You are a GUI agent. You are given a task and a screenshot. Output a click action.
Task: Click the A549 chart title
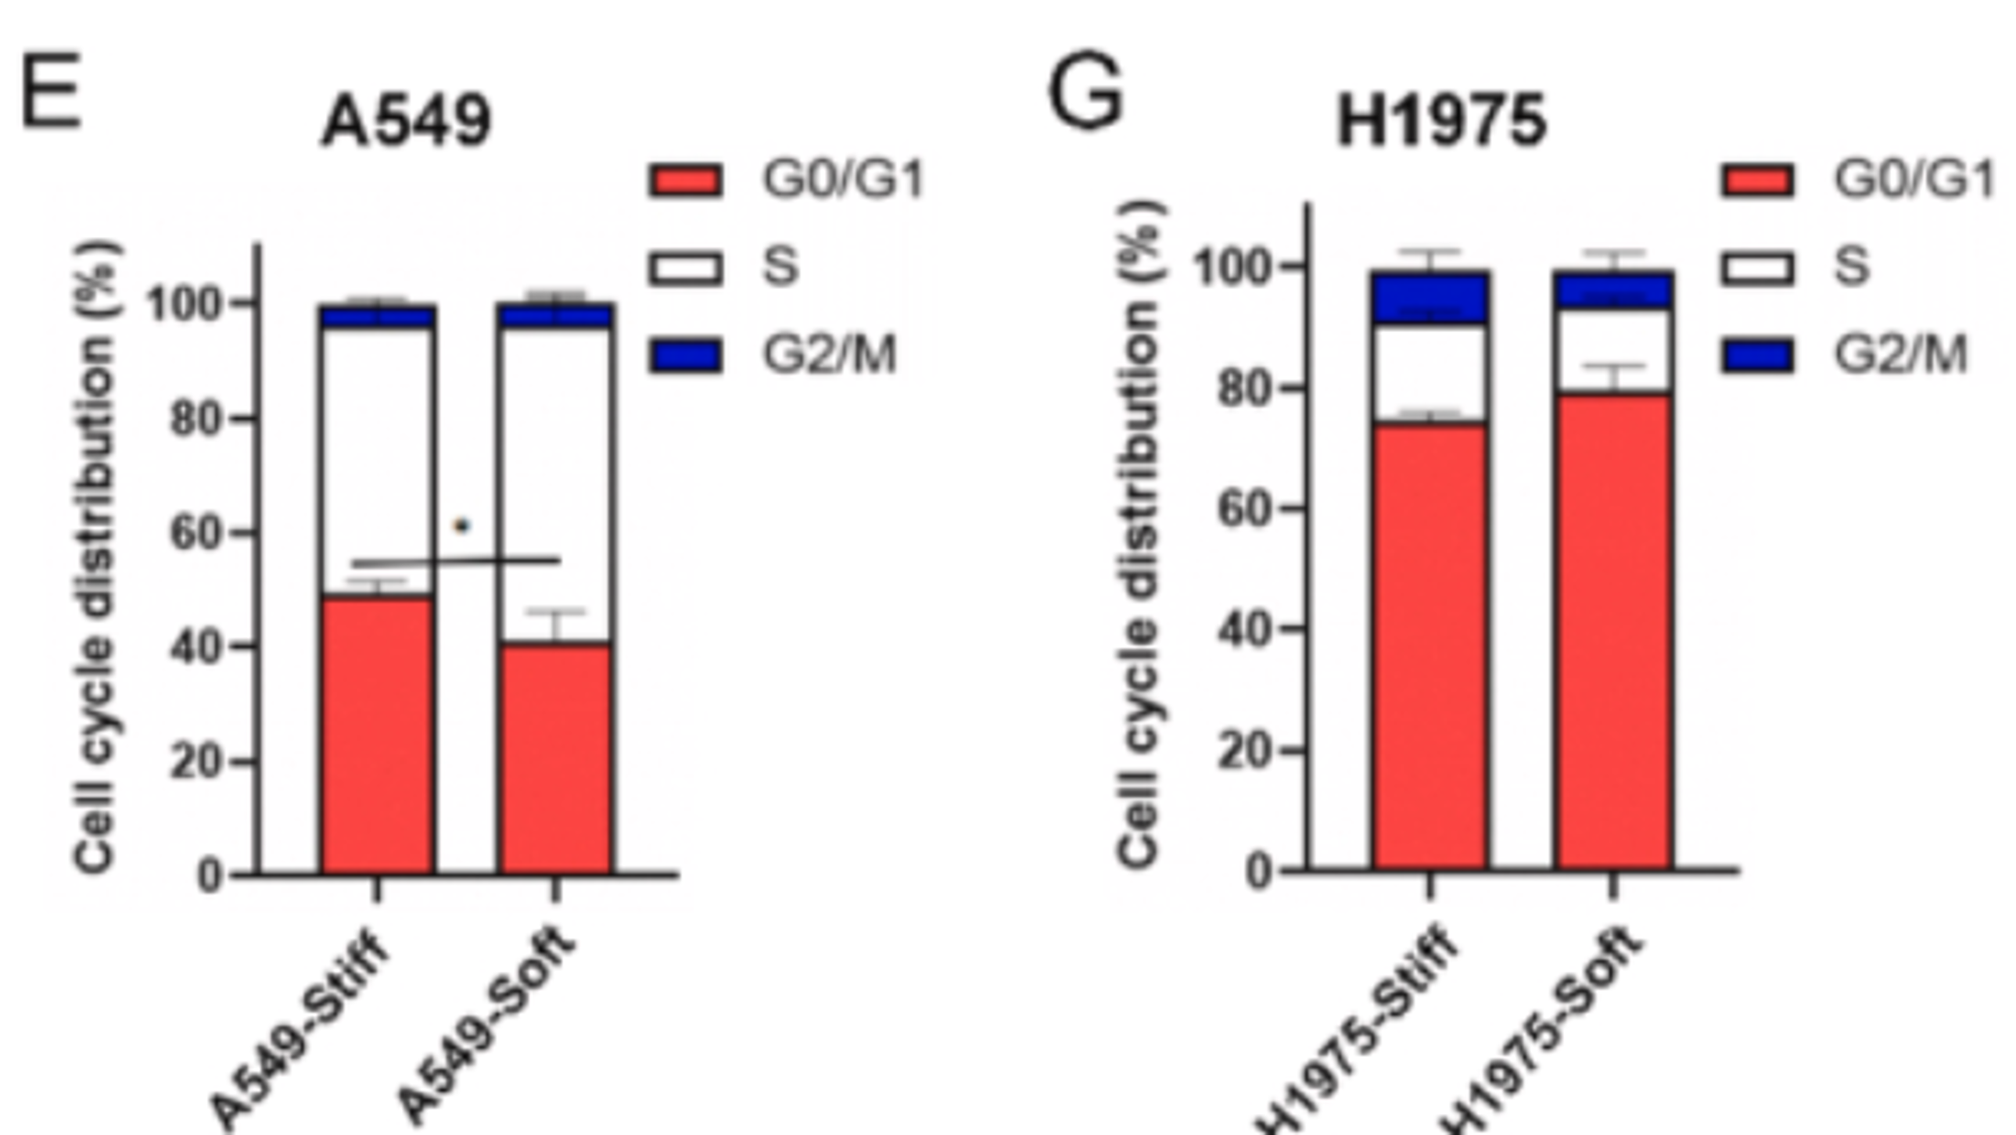coord(406,121)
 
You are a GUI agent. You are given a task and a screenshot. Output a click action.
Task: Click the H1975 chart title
coord(1441,121)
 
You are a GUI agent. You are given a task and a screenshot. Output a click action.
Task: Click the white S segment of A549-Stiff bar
coord(377,461)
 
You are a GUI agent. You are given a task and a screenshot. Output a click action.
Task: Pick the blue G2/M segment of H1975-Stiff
coord(1430,297)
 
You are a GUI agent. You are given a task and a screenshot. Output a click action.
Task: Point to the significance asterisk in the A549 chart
coord(462,526)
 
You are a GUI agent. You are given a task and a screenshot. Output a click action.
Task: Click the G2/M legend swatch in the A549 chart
coord(686,356)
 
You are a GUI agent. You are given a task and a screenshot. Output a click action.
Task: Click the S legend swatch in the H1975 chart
coord(1757,268)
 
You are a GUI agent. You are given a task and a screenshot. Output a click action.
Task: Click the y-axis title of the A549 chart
coord(98,555)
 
